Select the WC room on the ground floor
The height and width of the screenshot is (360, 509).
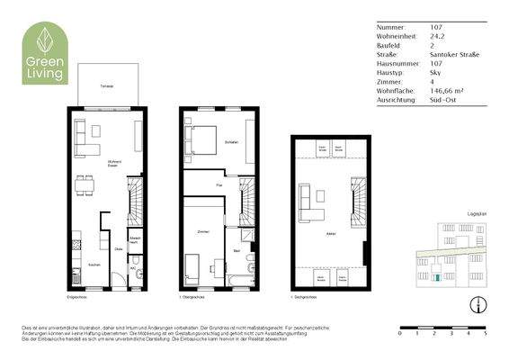click(132, 271)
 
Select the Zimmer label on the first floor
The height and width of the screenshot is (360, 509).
click(203, 232)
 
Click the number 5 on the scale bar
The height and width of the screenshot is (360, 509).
click(486, 332)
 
